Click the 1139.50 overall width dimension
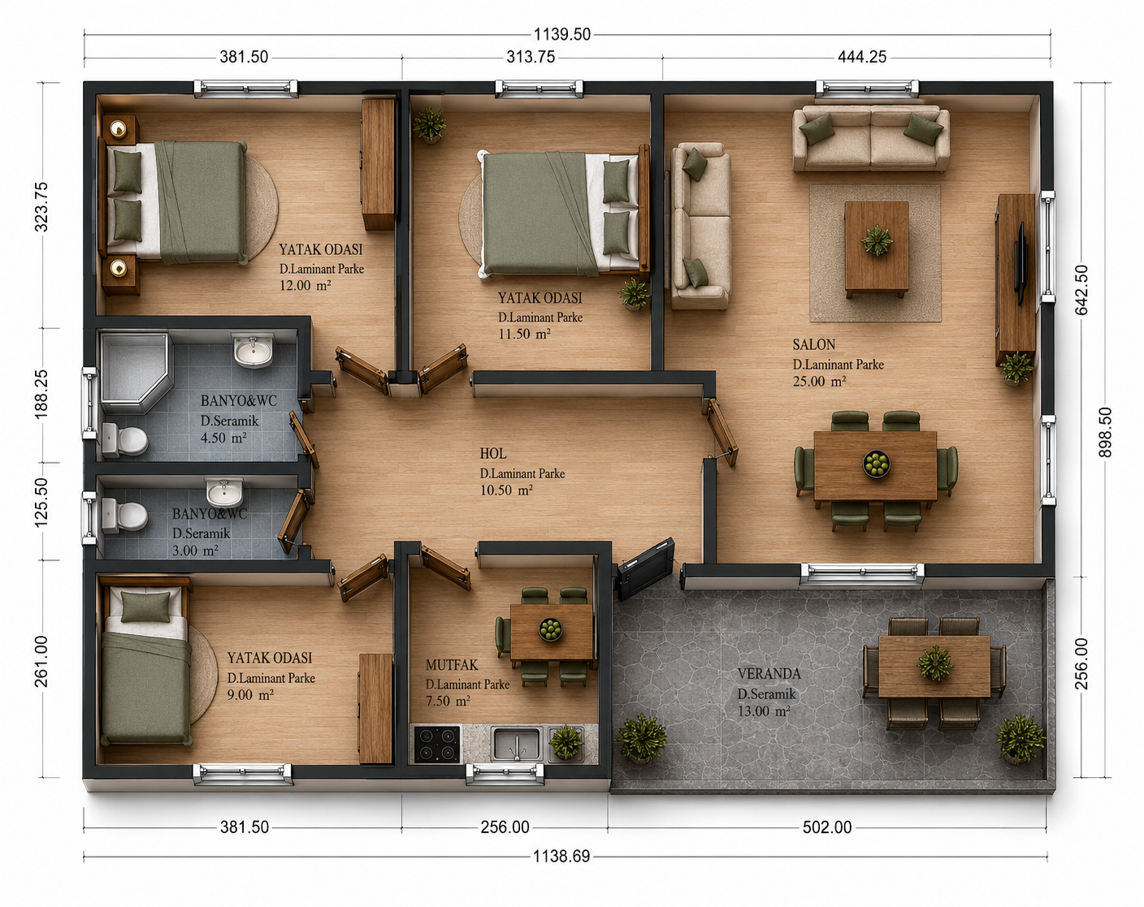point(562,35)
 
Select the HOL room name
point(493,454)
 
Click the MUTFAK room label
point(451,665)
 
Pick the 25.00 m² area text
point(819,382)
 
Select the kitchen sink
point(516,743)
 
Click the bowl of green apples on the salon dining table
point(876,464)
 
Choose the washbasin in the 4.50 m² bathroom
point(253,351)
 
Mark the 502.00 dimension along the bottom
point(827,827)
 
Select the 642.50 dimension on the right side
point(1081,290)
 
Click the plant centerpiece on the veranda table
point(934,663)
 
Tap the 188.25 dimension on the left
point(42,395)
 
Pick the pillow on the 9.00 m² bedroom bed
point(145,607)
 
